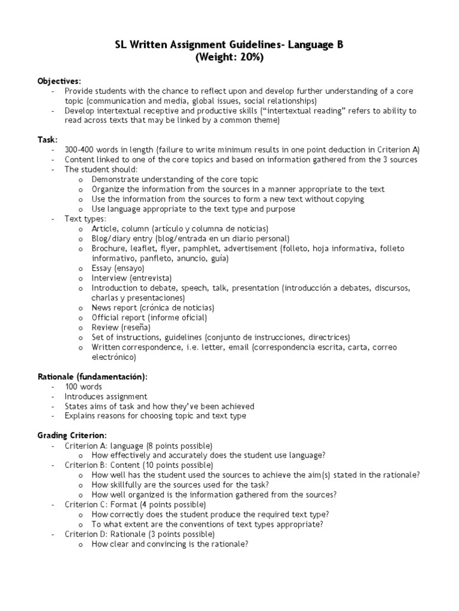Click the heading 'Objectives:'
[59, 81]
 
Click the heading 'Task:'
[48, 140]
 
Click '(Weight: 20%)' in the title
[229, 57]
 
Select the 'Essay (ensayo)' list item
[118, 269]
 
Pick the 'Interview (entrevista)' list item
[131, 278]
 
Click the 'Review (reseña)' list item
[121, 327]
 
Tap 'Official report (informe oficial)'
[149, 317]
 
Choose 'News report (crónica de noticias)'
[152, 307]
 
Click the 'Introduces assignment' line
[106, 396]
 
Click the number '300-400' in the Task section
[81, 150]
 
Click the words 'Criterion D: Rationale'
[100, 534]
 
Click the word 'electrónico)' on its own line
[114, 357]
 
